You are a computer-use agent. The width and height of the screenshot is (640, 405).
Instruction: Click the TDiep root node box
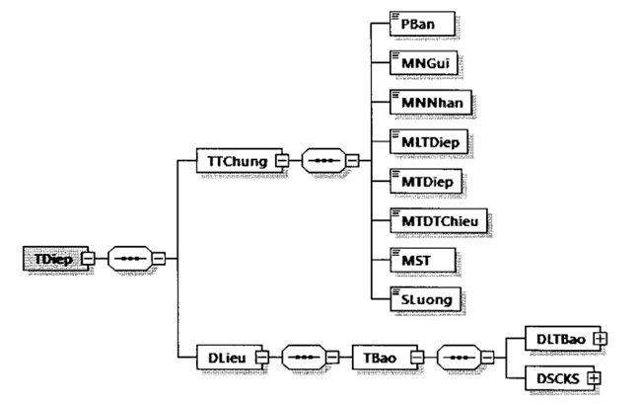(x=48, y=259)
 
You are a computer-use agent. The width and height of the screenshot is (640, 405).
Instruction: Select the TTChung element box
(x=234, y=158)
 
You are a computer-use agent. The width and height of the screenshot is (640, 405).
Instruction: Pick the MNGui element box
(x=421, y=61)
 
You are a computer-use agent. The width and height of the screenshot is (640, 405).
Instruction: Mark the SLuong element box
(x=422, y=297)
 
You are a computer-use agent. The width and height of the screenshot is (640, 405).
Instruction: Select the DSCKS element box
(x=554, y=377)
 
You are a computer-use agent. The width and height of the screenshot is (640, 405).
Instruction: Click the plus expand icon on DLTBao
(x=598, y=338)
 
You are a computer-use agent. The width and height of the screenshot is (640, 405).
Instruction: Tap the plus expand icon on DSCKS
(x=594, y=377)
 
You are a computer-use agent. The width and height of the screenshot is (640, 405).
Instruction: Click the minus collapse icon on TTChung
(x=282, y=158)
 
